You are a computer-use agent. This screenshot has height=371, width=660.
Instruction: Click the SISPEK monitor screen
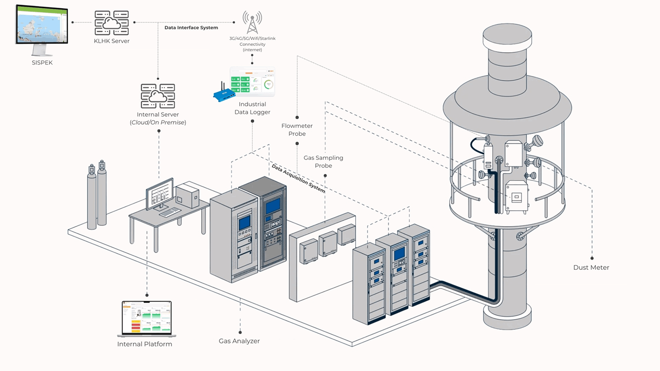pos(41,24)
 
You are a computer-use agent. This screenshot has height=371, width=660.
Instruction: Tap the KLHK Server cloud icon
pos(112,23)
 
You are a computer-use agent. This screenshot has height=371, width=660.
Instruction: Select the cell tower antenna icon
pos(252,22)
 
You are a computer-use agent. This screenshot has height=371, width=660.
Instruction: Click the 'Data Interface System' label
pos(191,28)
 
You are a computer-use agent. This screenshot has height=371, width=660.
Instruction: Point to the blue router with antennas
pos(224,94)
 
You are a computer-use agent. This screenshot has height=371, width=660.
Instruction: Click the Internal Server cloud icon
pos(158,96)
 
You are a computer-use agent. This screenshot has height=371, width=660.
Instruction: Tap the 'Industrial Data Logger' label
pos(252,108)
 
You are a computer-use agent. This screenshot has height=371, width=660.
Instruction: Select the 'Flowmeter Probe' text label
pos(297,130)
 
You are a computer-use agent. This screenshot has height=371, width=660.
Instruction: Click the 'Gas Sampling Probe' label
pos(323,161)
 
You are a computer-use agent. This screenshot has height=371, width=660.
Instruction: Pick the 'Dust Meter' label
pos(591,267)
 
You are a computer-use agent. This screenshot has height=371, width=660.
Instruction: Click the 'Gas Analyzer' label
pos(239,341)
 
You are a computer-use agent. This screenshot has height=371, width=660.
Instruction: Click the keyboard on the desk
pos(170,212)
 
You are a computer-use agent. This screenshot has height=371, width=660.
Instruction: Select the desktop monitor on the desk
pos(159,194)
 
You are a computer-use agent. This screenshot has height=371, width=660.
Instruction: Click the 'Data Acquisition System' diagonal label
pos(298,179)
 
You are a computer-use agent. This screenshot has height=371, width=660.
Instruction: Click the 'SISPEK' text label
pos(42,63)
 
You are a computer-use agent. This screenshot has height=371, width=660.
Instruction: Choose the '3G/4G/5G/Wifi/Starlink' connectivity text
pos(252,38)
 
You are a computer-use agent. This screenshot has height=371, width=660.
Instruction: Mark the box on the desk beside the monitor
pos(187,195)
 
